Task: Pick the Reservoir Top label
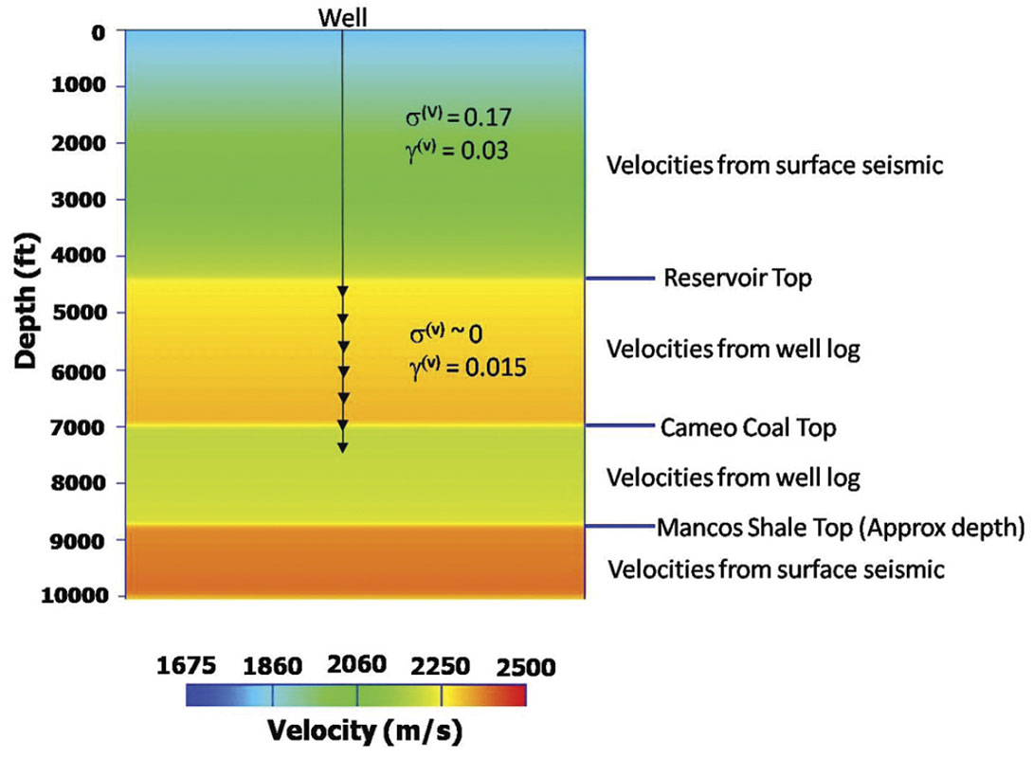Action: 737,280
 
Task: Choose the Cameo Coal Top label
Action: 750,428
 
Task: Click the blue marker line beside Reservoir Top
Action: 621,279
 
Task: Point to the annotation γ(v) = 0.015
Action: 462,368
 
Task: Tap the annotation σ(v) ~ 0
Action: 446,336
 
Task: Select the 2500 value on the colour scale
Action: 522,666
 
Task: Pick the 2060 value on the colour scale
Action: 357,664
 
